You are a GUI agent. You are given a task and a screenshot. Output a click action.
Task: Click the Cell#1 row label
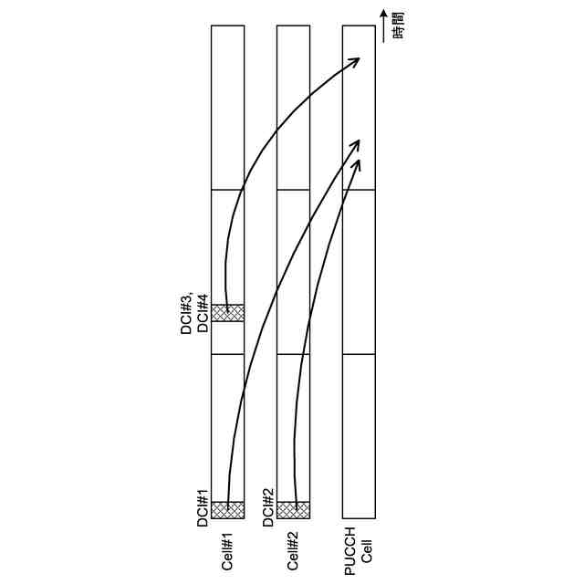click(x=227, y=551)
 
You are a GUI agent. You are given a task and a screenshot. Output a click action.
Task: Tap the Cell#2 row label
click(x=293, y=551)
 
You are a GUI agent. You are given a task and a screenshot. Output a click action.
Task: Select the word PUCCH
click(x=350, y=551)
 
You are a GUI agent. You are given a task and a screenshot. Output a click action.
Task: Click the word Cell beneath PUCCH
click(x=367, y=551)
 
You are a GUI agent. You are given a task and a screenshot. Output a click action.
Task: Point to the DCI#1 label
click(x=203, y=508)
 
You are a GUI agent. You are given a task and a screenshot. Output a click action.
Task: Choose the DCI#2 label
click(x=268, y=508)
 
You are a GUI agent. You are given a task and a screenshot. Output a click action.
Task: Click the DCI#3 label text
click(x=186, y=313)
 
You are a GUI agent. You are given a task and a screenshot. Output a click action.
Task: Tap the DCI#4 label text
click(x=203, y=313)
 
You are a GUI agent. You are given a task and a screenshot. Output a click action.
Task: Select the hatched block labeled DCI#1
click(x=227, y=510)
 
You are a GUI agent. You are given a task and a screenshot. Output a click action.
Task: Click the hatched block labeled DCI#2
click(x=294, y=510)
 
